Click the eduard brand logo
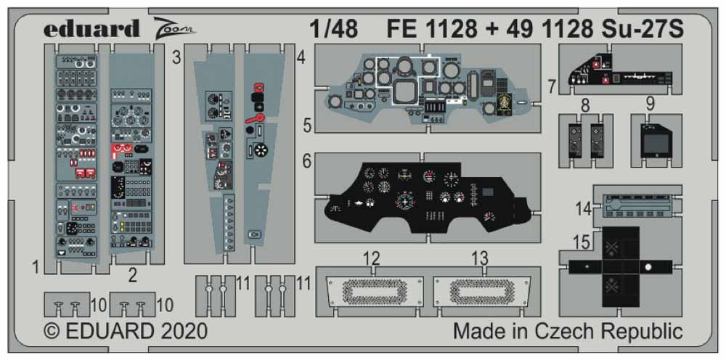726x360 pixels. (x=91, y=29)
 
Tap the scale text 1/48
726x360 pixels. (x=333, y=29)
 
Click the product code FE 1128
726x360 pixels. (x=432, y=29)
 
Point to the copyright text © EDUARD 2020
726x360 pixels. (x=126, y=331)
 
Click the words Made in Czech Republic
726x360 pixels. (x=568, y=331)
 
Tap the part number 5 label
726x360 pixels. (x=309, y=126)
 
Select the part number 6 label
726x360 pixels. (x=307, y=163)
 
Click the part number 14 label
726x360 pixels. (x=583, y=208)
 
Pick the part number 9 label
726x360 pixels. (x=650, y=104)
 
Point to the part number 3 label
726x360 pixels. (x=176, y=58)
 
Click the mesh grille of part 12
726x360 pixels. (x=372, y=290)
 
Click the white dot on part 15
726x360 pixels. (x=648, y=267)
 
